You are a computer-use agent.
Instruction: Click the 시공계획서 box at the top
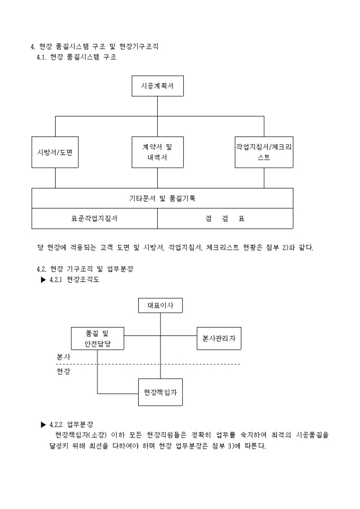pyautogui.click(x=157, y=86)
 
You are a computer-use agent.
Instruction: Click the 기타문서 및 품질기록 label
pyautogui.click(x=163, y=198)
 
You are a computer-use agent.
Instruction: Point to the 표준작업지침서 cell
pyautogui.click(x=94, y=219)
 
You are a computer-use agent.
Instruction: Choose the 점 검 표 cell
pyautogui.click(x=224, y=219)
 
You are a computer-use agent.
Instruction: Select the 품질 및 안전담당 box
pyautogui.click(x=97, y=339)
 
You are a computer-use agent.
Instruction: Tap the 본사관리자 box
pyautogui.click(x=219, y=339)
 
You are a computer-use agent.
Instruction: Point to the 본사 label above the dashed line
pyautogui.click(x=64, y=357)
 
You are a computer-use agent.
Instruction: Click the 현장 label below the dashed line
pyautogui.click(x=64, y=371)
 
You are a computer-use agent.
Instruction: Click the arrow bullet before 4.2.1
pyautogui.click(x=43, y=280)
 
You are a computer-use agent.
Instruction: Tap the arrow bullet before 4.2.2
pyautogui.click(x=43, y=424)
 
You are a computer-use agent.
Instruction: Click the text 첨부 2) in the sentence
pyautogui.click(x=271, y=247)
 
